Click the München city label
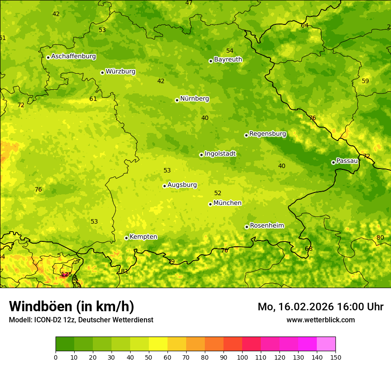[227, 203]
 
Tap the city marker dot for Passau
[333, 162]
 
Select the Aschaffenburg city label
[73, 56]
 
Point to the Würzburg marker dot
[102, 72]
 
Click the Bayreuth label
[228, 60]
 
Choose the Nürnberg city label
[194, 99]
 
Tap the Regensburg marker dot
[246, 135]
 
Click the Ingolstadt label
[220, 154]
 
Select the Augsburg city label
[182, 185]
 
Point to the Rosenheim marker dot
[247, 227]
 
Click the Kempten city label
[143, 237]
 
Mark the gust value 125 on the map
[66, 274]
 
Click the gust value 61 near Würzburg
[93, 99]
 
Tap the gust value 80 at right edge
[380, 237]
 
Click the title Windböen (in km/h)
[71, 306]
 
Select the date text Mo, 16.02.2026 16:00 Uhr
[320, 307]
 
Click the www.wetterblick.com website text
[320, 320]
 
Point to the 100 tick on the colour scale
[242, 357]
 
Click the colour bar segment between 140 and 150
[326, 344]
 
